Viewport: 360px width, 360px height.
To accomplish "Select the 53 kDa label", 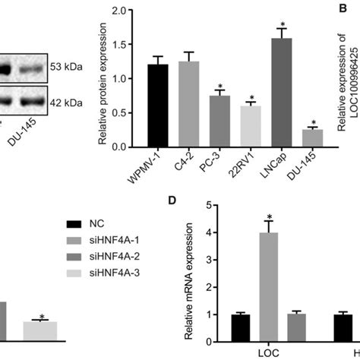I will point(66,66).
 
